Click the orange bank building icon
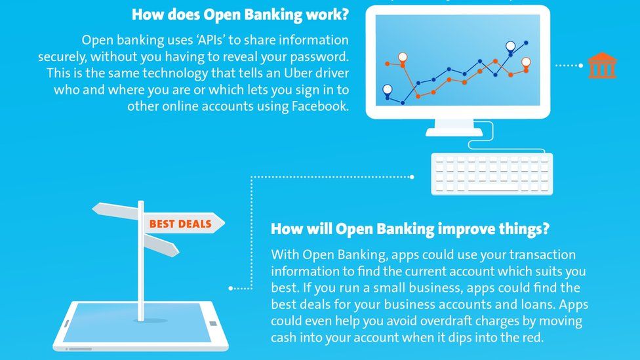[x=601, y=66]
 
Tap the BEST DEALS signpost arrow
[x=180, y=224]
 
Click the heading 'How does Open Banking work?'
[x=240, y=14]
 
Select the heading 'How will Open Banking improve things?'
[x=410, y=229]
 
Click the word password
[x=313, y=56]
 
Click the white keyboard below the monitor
[x=492, y=174]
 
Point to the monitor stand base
[x=454, y=131]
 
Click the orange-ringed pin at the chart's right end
[x=526, y=62]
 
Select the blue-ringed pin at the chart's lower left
[x=387, y=89]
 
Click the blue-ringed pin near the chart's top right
[x=510, y=47]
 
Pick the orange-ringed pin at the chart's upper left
[x=402, y=57]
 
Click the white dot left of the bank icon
[x=580, y=66]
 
